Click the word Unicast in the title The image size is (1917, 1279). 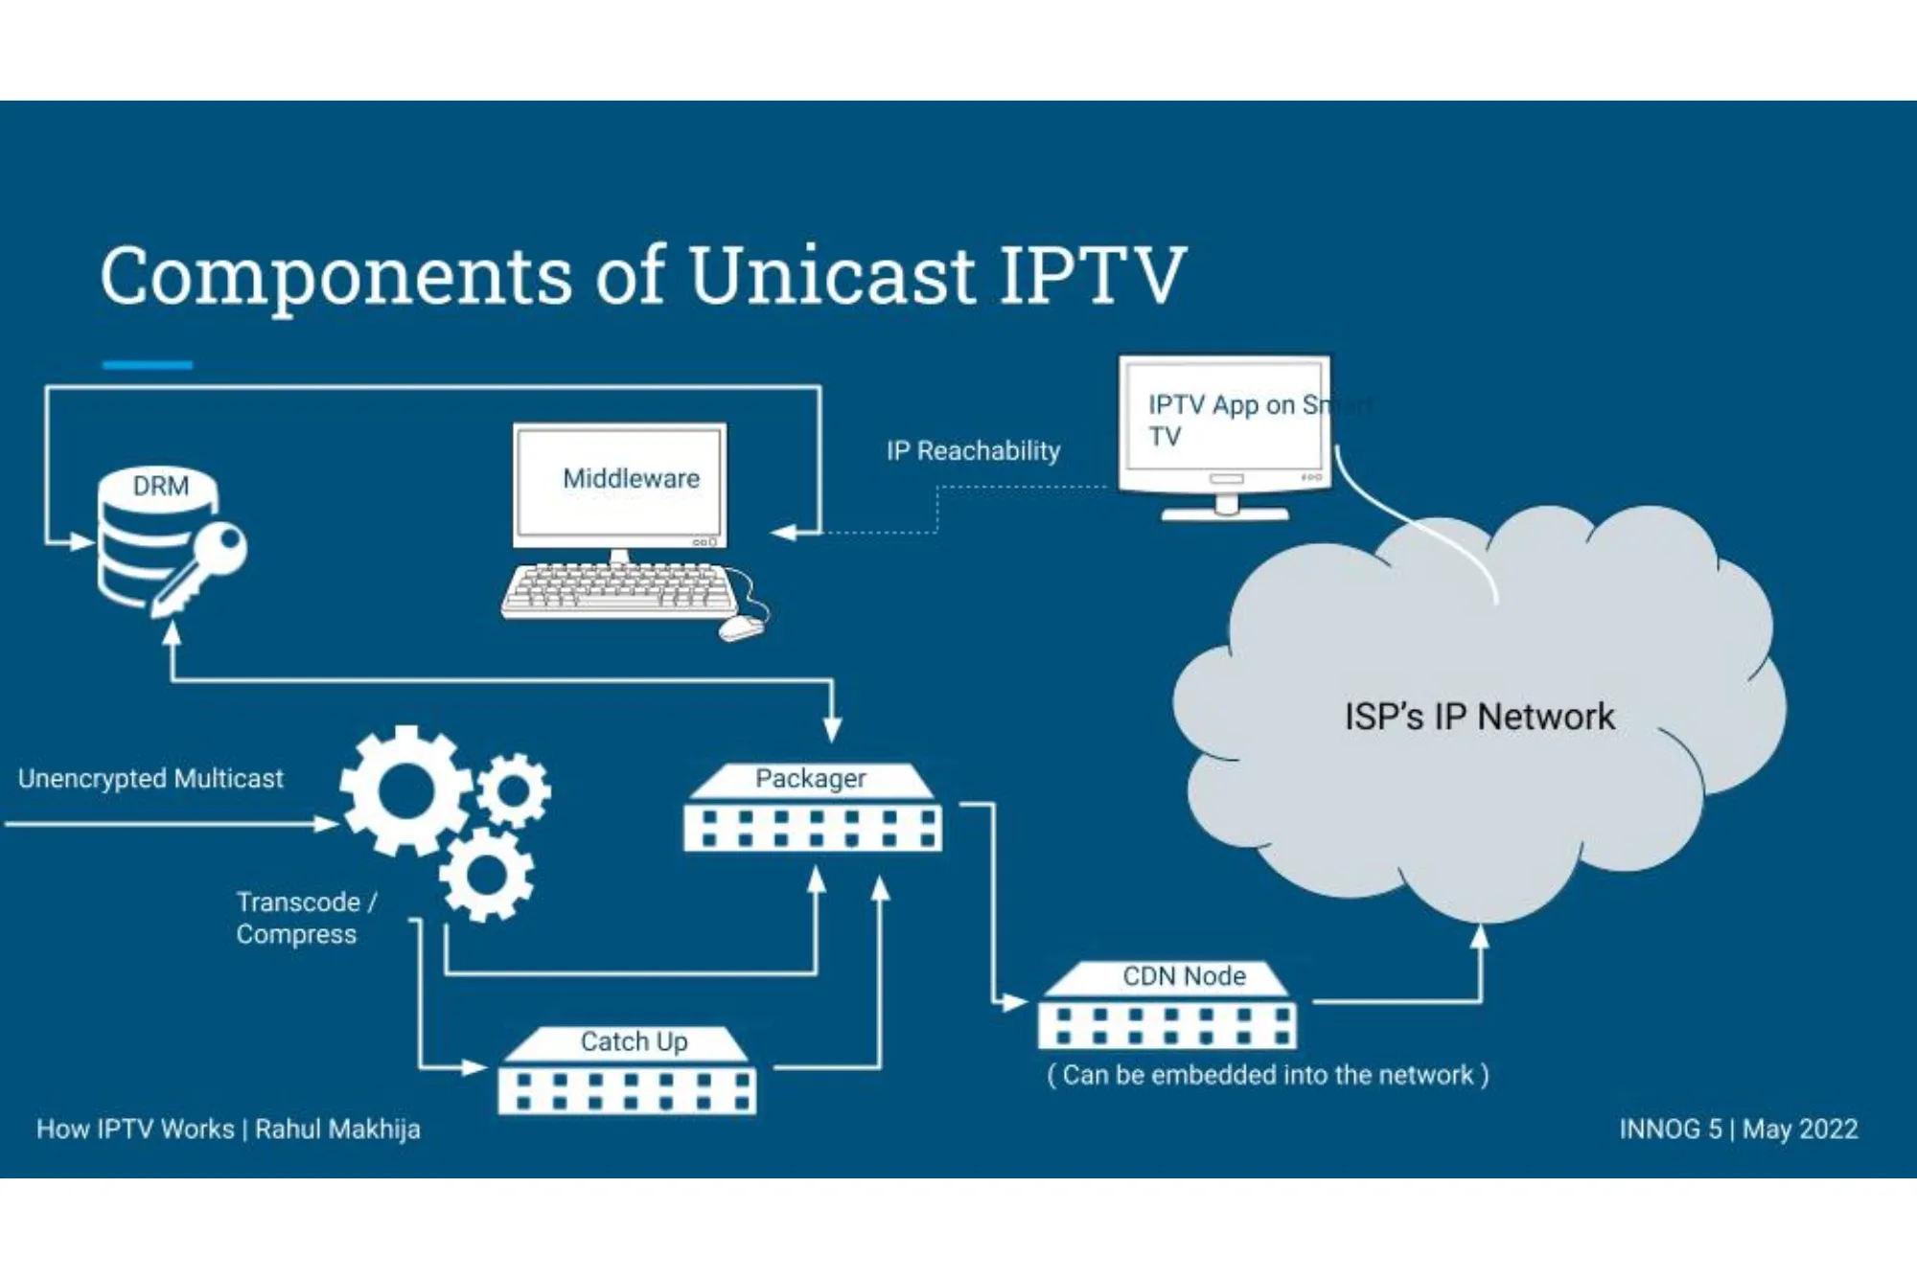click(x=832, y=276)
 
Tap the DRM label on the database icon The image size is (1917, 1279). click(x=160, y=486)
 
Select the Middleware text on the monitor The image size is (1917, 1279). click(x=631, y=478)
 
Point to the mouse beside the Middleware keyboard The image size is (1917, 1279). click(x=741, y=628)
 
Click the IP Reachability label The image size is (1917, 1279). click(x=972, y=450)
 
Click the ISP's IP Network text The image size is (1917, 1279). click(x=1478, y=717)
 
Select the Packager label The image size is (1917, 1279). click(x=810, y=778)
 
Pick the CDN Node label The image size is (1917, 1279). click(x=1184, y=976)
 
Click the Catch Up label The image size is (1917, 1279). click(x=634, y=1041)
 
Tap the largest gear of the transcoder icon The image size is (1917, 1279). click(x=406, y=790)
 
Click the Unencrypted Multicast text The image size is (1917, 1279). click(x=150, y=778)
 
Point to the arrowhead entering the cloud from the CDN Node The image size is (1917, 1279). click(x=1480, y=935)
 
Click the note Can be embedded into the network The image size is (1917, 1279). click(x=1267, y=1075)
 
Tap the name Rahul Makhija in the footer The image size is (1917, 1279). click(x=337, y=1129)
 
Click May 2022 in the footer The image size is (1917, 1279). click(x=1799, y=1129)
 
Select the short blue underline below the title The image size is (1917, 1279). click(x=148, y=365)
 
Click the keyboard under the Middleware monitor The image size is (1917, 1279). click(x=618, y=588)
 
